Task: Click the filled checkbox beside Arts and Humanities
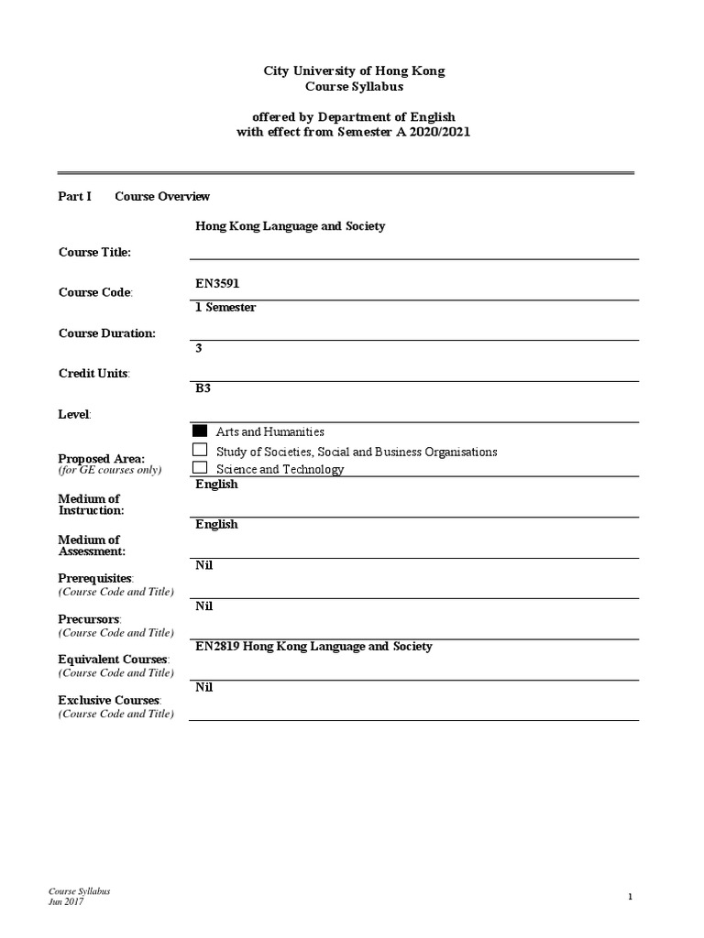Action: (x=201, y=431)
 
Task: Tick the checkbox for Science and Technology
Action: (x=201, y=468)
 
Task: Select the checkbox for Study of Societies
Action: (x=201, y=450)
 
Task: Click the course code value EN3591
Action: (x=217, y=284)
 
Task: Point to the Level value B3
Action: (x=203, y=388)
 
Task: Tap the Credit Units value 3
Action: (x=199, y=348)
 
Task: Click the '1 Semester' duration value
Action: (x=225, y=308)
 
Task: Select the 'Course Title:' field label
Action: (x=94, y=252)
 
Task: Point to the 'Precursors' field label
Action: (x=89, y=619)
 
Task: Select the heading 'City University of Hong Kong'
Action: (x=354, y=71)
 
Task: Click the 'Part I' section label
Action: (x=75, y=196)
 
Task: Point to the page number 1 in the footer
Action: (x=631, y=897)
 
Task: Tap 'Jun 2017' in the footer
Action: (x=66, y=901)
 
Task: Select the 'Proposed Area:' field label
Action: (x=101, y=458)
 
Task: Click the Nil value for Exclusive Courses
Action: (x=203, y=687)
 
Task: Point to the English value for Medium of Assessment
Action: (x=216, y=525)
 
